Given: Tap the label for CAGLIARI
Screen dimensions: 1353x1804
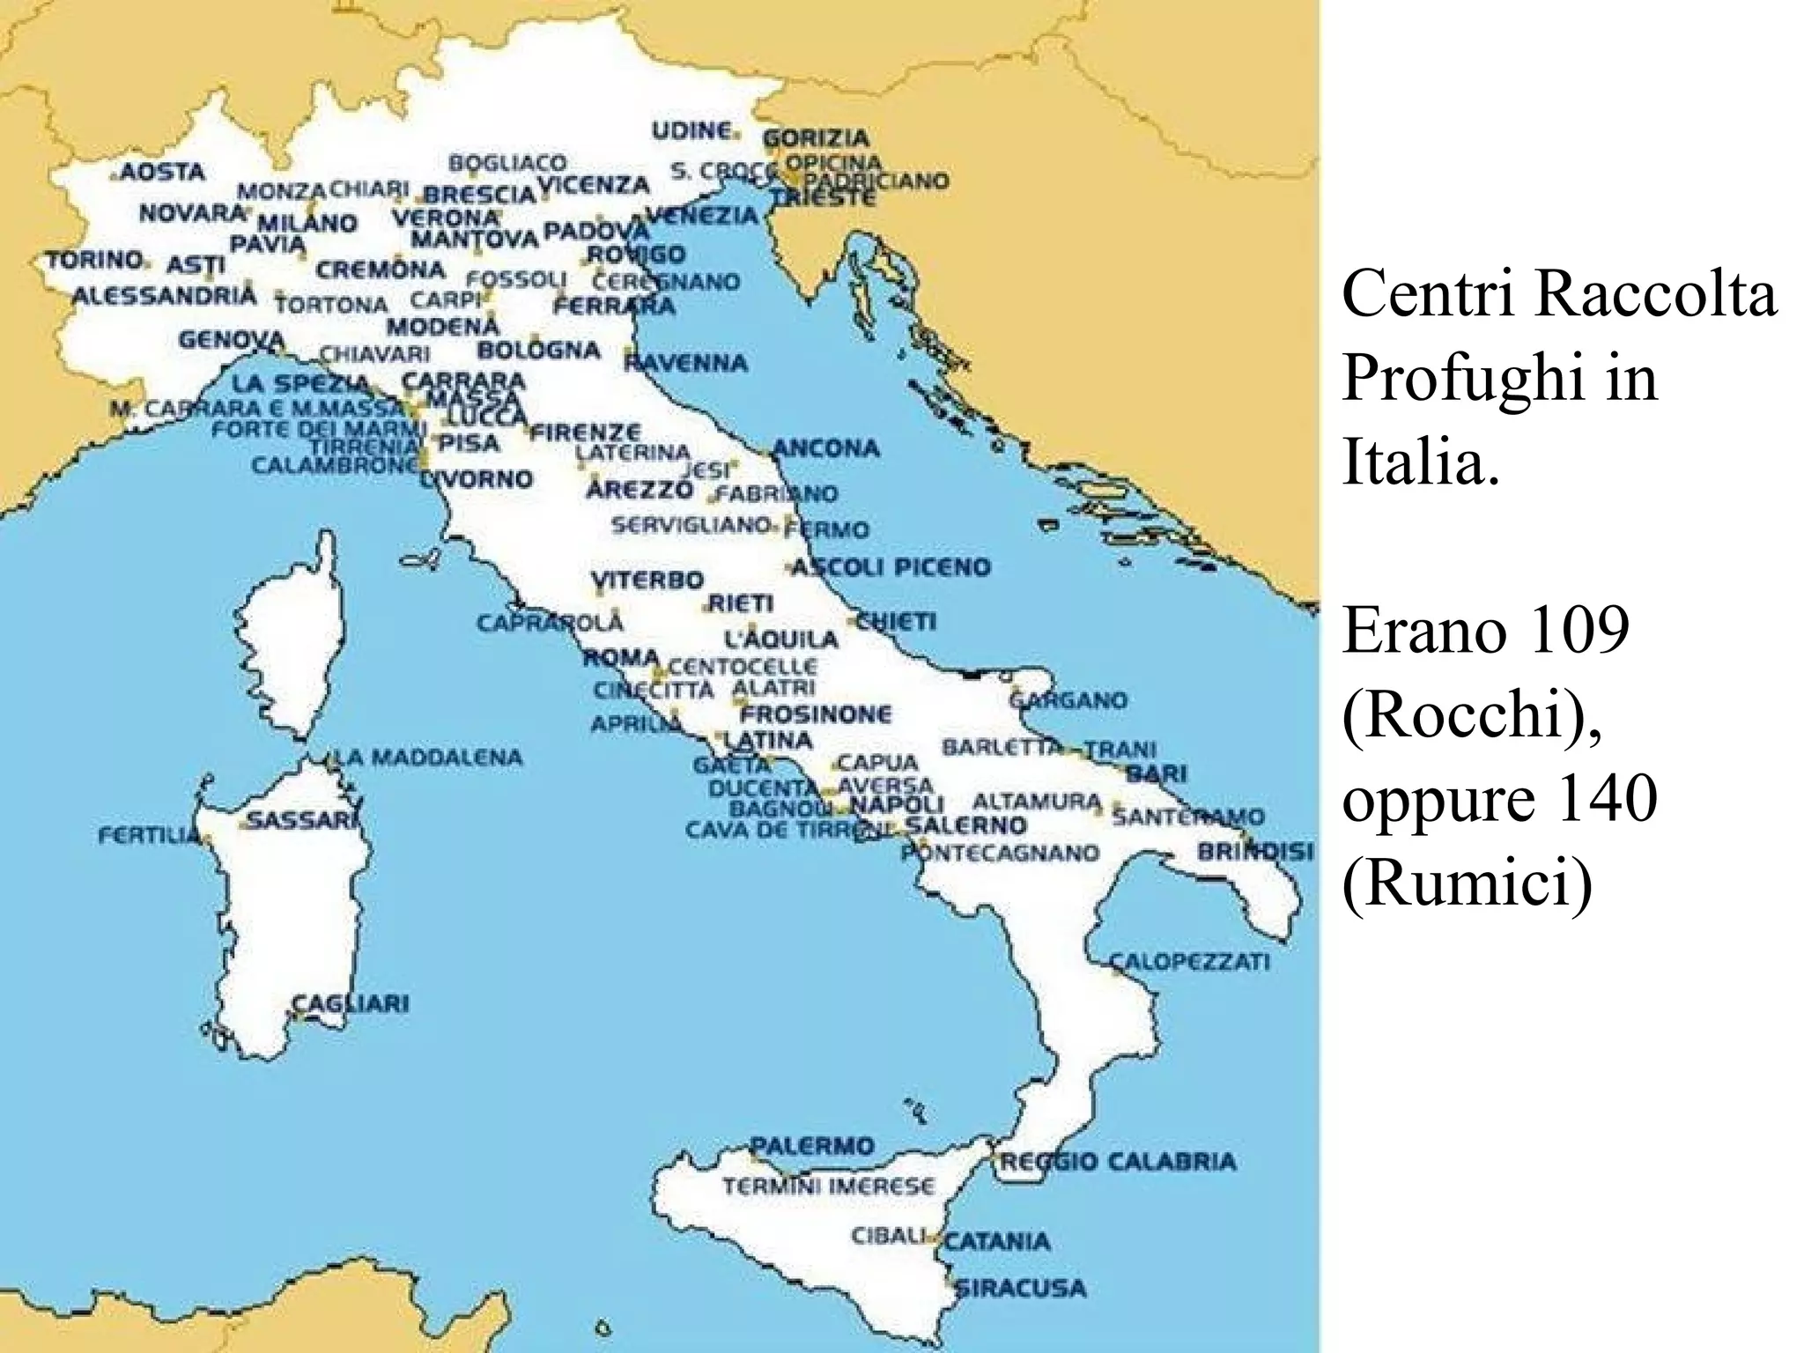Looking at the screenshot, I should (351, 1003).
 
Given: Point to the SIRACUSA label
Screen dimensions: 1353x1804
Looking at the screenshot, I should (1022, 1288).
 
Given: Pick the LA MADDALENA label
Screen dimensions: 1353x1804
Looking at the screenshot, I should (430, 758).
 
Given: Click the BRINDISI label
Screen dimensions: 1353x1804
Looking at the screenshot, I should (1255, 852).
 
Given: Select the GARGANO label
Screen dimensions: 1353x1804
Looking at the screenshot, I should (1068, 700).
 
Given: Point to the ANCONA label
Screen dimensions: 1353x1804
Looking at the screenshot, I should (826, 448).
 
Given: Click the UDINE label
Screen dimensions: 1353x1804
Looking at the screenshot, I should (691, 131).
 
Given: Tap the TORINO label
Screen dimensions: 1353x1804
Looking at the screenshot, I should (95, 261).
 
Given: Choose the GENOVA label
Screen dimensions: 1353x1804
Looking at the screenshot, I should (232, 340).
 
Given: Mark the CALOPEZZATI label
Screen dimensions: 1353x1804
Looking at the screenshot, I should (1189, 961).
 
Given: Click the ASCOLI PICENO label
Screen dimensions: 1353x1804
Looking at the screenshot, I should (891, 566).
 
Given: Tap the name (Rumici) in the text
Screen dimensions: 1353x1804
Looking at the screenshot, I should (1468, 883).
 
